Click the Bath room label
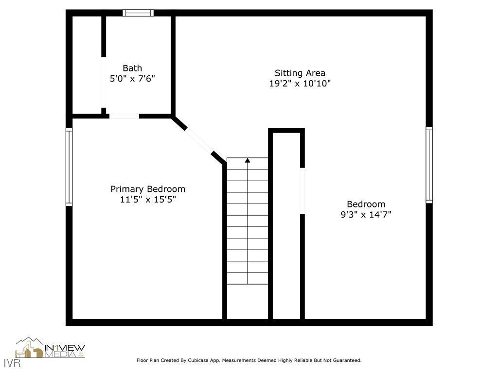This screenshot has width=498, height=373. pos(132,68)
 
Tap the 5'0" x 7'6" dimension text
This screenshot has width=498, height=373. pos(132,78)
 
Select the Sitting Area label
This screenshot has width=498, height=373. pos(300,73)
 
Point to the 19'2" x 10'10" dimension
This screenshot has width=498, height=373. pos(300,84)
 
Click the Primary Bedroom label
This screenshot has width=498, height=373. pos(148,189)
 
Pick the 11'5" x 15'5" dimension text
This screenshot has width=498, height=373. pos(148,199)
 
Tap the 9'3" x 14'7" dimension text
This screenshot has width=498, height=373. pos(366,214)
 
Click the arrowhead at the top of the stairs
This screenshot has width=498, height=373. pos(248,160)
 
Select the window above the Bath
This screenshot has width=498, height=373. pos(138,13)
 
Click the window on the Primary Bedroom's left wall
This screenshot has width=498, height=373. pos(69,167)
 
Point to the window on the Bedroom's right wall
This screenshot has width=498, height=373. pos(429,165)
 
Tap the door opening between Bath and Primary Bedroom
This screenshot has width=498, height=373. pos(124,116)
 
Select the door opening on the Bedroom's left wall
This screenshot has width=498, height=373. pos(302,191)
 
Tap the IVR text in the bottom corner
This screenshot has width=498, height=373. pos(10,363)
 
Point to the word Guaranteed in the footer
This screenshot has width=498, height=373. pos(345,360)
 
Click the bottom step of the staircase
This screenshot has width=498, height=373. pos(248,278)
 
